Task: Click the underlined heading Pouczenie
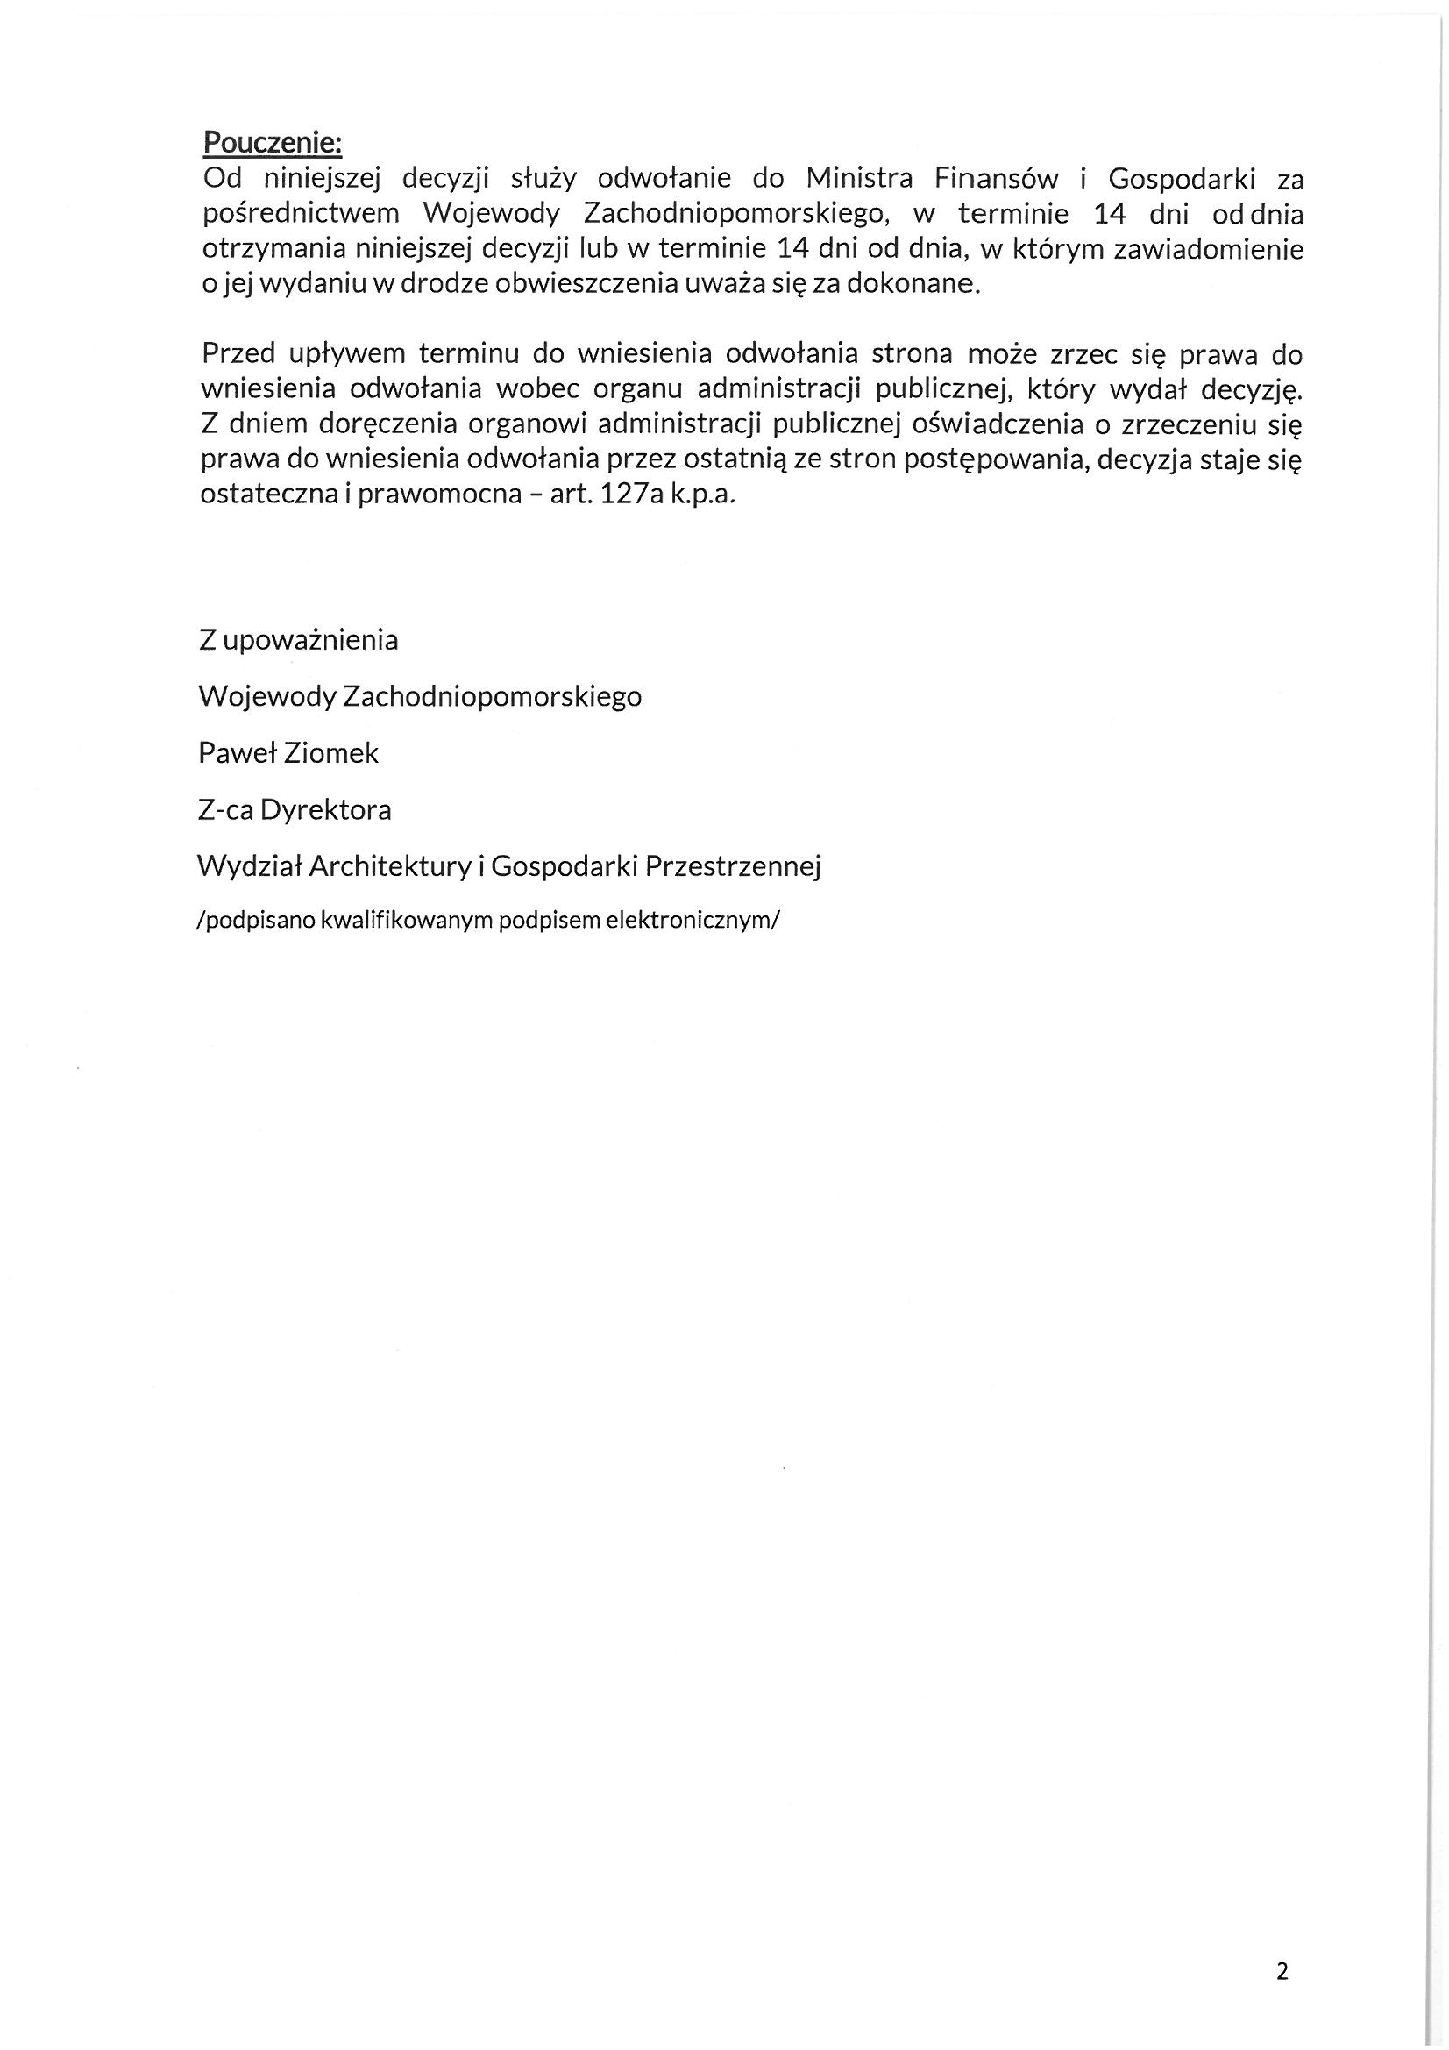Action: pyautogui.click(x=273, y=143)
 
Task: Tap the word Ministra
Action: pyautogui.click(x=859, y=180)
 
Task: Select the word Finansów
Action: pyautogui.click(x=996, y=180)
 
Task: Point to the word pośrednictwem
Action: pyautogui.click(x=301, y=215)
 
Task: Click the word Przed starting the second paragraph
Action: pyautogui.click(x=238, y=354)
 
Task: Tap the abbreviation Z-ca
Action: pyautogui.click(x=225, y=810)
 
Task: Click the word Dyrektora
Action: pyautogui.click(x=327, y=810)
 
